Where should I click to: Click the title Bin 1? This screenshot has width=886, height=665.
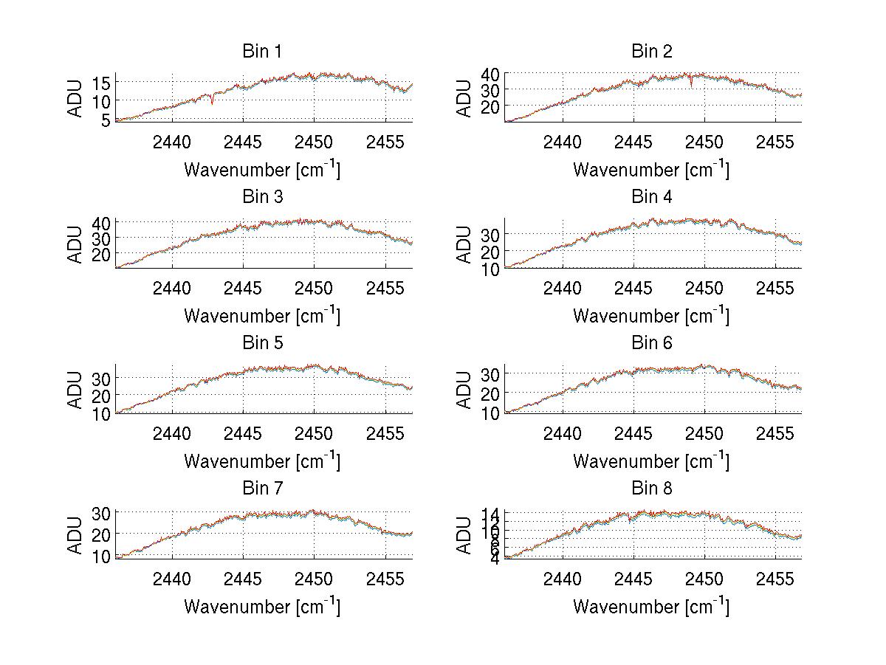point(262,52)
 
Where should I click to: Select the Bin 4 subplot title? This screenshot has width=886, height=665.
point(651,197)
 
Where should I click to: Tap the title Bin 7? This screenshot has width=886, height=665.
point(262,489)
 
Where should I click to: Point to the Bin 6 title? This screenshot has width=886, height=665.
point(651,343)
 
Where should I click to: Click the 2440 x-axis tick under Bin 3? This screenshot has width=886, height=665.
point(172,287)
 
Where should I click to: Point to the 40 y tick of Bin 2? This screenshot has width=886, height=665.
point(491,74)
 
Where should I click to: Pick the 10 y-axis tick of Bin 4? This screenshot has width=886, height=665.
point(491,269)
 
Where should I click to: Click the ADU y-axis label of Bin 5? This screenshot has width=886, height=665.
point(76,390)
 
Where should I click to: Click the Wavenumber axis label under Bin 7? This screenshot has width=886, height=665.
point(262,606)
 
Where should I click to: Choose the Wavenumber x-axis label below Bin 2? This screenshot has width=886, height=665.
point(651,169)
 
